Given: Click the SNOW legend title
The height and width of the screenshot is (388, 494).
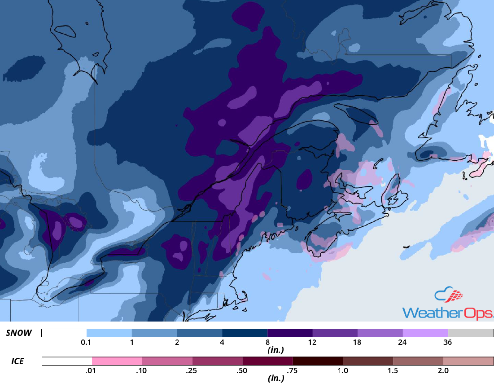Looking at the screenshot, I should (19, 333).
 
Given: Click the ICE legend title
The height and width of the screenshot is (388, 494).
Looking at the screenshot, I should (18, 361).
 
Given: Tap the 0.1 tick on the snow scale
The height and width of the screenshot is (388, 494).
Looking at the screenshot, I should (87, 342).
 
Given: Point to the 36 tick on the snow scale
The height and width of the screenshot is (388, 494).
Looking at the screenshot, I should (447, 342).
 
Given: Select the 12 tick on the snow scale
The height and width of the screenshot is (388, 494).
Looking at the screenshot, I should (312, 342).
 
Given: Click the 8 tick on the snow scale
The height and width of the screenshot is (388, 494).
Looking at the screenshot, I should (267, 342).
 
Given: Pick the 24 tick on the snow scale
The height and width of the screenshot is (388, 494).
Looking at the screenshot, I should (402, 342).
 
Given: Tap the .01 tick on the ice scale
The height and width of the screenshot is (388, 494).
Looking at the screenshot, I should (92, 370).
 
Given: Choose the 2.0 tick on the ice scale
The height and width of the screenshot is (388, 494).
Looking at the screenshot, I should (443, 370).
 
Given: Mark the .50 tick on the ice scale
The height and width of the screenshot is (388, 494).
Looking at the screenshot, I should (242, 370).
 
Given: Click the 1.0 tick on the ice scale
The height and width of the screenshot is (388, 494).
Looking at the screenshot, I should (343, 370).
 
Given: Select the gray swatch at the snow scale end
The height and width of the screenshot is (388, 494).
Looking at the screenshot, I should (471, 333).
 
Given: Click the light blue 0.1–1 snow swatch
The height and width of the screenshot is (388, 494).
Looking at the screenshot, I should (109, 333).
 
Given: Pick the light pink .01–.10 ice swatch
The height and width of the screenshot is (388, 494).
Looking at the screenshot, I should (117, 361).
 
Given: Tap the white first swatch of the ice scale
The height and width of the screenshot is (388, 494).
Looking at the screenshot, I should (67, 361).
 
